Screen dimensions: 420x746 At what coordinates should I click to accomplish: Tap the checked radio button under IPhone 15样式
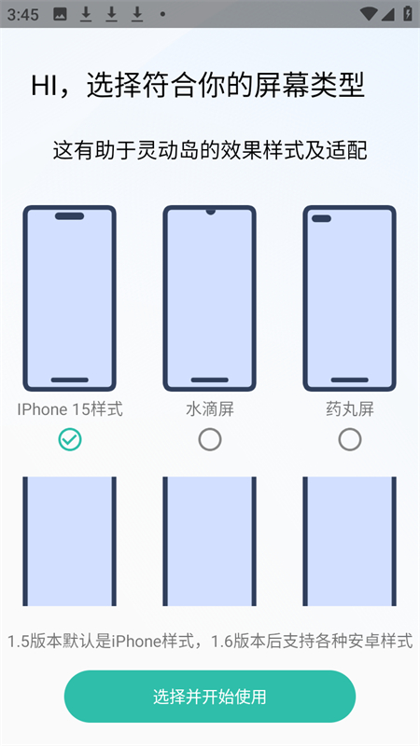coord(70,440)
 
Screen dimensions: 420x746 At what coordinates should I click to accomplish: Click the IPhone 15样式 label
coord(70,409)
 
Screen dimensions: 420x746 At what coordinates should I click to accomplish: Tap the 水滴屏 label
coord(210,409)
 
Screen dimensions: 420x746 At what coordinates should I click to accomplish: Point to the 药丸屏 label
coord(350,409)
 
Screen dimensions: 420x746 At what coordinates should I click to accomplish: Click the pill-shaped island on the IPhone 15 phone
coord(69,216)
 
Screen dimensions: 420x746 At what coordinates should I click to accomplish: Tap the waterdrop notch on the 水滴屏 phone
coord(210,211)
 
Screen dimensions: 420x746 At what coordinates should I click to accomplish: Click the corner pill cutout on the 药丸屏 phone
coord(321,218)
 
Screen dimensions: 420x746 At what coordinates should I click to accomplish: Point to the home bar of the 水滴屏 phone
coord(209,380)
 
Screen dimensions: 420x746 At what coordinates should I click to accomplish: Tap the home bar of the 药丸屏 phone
coord(349,380)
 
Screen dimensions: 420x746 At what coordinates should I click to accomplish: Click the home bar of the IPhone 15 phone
coord(69,380)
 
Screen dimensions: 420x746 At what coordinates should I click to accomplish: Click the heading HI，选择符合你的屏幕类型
coord(198,86)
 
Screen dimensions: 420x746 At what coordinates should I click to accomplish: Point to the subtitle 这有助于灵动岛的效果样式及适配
coord(210,151)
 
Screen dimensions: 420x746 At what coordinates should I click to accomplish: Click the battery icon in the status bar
coord(408,13)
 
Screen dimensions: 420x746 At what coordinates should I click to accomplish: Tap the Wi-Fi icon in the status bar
coord(368,14)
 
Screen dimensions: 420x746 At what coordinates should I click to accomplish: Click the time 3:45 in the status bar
coord(22,14)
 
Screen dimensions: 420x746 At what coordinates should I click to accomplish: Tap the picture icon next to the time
coord(60,14)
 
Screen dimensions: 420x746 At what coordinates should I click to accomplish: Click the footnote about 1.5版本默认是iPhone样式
coord(210,641)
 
